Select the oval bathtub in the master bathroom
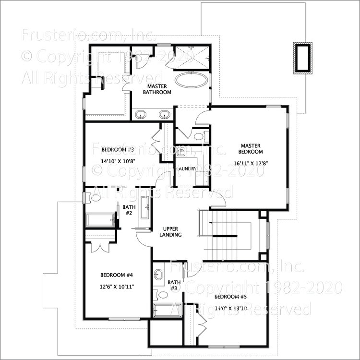(192, 80)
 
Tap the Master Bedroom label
(250, 148)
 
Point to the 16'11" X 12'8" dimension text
(250, 163)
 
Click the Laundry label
(186, 169)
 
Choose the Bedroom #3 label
(117, 150)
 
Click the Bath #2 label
(129, 210)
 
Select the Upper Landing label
(171, 231)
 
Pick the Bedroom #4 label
(116, 275)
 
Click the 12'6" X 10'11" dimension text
(117, 287)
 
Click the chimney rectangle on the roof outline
(302, 58)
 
